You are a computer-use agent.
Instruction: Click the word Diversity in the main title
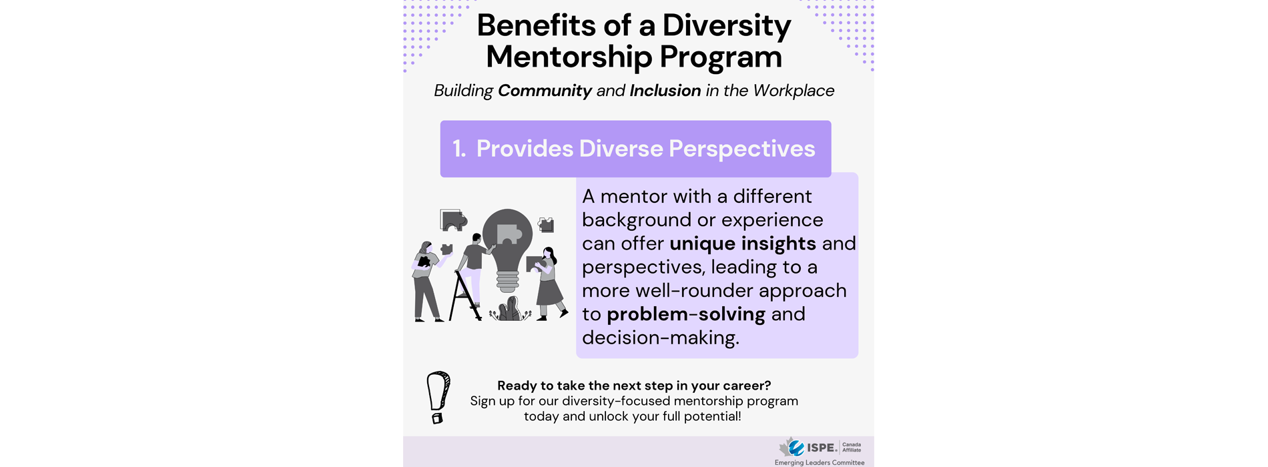(726, 26)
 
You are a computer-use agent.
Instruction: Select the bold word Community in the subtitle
(545, 91)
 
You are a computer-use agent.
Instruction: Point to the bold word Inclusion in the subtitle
(665, 91)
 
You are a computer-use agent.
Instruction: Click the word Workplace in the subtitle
(794, 91)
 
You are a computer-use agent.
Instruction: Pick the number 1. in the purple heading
(459, 149)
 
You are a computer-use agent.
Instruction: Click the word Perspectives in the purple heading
(741, 149)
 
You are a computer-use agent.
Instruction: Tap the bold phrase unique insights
(743, 244)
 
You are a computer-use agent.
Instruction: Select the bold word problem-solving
(686, 314)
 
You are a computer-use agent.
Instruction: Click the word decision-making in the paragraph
(660, 338)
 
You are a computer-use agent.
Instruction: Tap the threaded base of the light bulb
(507, 281)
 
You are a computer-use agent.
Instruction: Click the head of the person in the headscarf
(426, 248)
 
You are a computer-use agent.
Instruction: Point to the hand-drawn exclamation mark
(438, 397)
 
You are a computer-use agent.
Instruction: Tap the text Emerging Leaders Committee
(819, 462)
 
